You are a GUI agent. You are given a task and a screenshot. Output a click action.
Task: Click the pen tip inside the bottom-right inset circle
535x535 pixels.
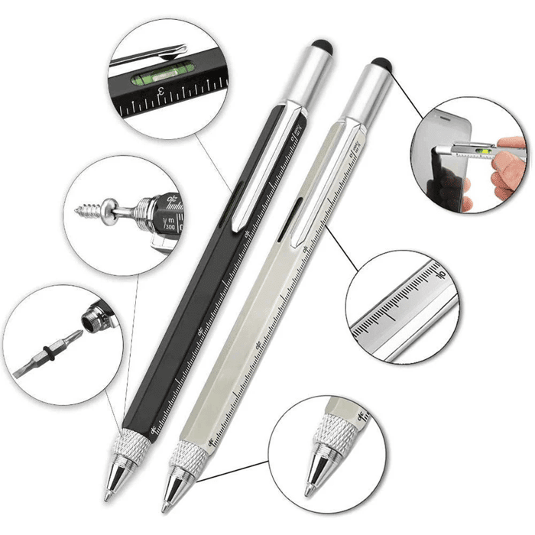313,481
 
